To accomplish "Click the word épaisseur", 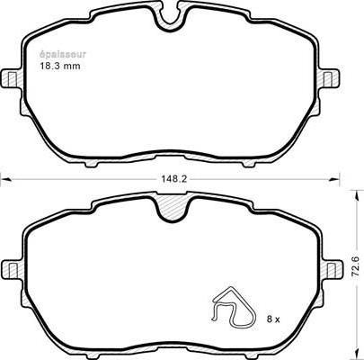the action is [x=63, y=55].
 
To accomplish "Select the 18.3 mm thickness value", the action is [x=60, y=66].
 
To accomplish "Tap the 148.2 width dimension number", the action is [x=174, y=179].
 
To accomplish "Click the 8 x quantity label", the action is [x=273, y=319].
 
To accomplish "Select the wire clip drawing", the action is [x=234, y=306].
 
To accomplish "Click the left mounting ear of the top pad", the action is [x=12, y=79].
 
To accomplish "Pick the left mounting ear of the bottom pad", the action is [x=12, y=267].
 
